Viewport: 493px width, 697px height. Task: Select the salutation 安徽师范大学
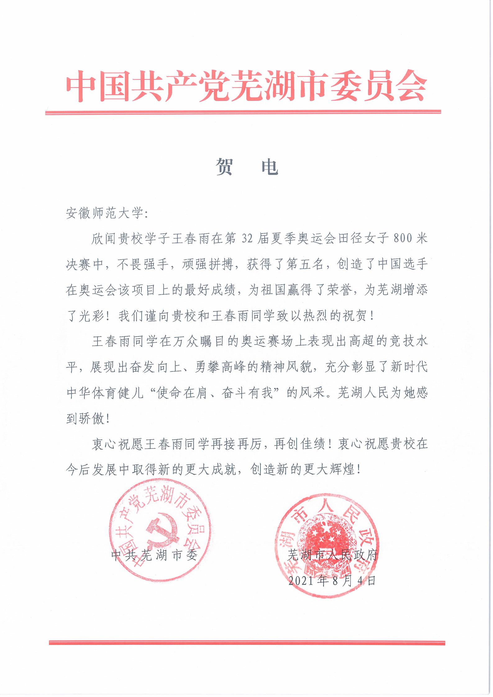click(104, 214)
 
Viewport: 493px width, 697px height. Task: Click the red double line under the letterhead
click(243, 112)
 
